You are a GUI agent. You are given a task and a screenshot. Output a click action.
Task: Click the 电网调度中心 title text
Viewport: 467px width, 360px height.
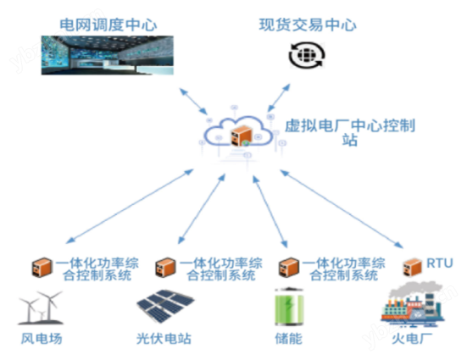pyautogui.click(x=108, y=25)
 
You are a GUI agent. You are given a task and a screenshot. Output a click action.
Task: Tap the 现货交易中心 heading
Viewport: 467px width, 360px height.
pyautogui.click(x=308, y=25)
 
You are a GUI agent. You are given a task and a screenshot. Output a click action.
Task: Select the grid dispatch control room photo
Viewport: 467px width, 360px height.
pyautogui.click(x=108, y=55)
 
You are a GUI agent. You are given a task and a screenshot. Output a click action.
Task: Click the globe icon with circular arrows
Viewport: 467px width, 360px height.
pyautogui.click(x=307, y=55)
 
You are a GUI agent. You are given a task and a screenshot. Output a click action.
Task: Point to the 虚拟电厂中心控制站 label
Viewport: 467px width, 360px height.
pyautogui.click(x=350, y=133)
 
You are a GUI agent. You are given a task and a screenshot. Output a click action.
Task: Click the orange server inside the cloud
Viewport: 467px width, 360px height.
pyautogui.click(x=242, y=136)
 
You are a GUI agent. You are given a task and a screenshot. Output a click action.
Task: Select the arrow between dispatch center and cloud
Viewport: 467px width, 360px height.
pyautogui.click(x=193, y=102)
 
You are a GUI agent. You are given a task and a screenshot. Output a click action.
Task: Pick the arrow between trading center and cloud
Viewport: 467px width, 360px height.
pyautogui.click(x=279, y=97)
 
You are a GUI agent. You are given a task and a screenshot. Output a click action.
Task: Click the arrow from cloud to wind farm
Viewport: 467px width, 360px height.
pyautogui.click(x=130, y=207)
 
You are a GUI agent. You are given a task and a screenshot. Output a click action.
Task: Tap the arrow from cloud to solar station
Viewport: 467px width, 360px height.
pyautogui.click(x=202, y=209)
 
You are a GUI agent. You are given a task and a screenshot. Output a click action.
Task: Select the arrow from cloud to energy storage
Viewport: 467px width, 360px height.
pyautogui.click(x=270, y=212)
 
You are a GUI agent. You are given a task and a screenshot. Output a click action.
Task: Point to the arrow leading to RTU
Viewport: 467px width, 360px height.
pyautogui.click(x=342, y=209)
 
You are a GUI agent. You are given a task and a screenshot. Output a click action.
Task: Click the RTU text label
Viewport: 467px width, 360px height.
pyautogui.click(x=440, y=263)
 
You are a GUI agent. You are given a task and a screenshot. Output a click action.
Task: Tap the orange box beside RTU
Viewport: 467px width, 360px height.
pyautogui.click(x=413, y=267)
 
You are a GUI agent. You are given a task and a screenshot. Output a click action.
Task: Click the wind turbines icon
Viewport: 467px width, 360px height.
pyautogui.click(x=41, y=307)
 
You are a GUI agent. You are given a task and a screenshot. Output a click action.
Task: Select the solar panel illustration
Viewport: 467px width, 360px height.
pyautogui.click(x=165, y=306)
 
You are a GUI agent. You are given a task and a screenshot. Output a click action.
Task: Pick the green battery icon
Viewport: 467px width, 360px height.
pyautogui.click(x=289, y=307)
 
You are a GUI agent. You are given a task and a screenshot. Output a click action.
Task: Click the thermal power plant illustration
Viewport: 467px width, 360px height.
pyautogui.click(x=413, y=304)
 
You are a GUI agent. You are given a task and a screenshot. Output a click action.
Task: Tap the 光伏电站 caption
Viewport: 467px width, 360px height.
pyautogui.click(x=164, y=339)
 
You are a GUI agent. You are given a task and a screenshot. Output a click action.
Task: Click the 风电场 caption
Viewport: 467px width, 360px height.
pyautogui.click(x=42, y=339)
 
